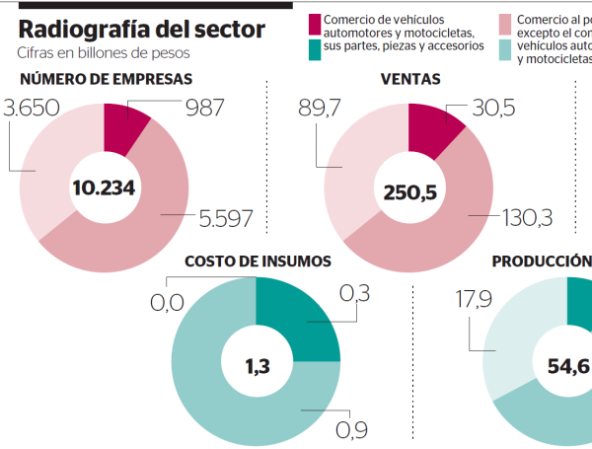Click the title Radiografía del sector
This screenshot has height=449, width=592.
click(x=141, y=30)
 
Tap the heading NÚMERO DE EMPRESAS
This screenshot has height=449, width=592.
click(x=106, y=80)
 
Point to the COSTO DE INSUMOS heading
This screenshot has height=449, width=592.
click(x=258, y=262)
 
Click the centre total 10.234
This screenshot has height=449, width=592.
click(x=104, y=187)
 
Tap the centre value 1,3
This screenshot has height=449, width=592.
click(x=256, y=367)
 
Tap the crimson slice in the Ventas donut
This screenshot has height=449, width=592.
click(x=430, y=126)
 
